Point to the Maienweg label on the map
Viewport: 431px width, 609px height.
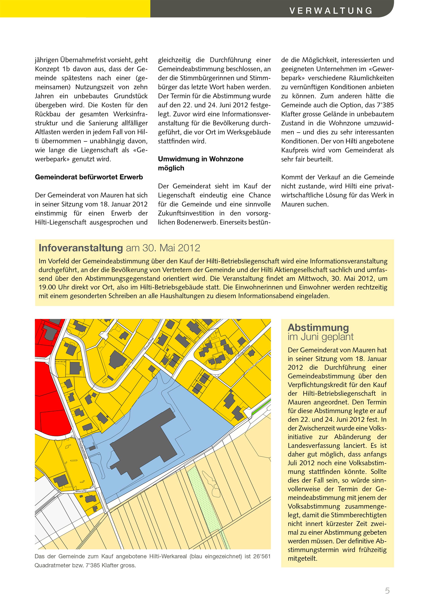[x=81, y=491]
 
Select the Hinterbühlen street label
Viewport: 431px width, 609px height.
[x=244, y=351]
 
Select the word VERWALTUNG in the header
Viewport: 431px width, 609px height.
[x=331, y=11]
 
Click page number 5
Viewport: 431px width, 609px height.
[x=387, y=590]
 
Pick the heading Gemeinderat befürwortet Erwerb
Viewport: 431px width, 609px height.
[x=89, y=177]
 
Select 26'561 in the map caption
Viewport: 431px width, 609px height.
[x=262, y=556]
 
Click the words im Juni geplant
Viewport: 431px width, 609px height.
[x=321, y=337]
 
